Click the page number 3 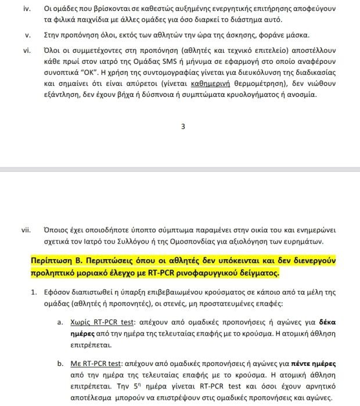click(x=183, y=126)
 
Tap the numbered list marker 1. click(x=34, y=291)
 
